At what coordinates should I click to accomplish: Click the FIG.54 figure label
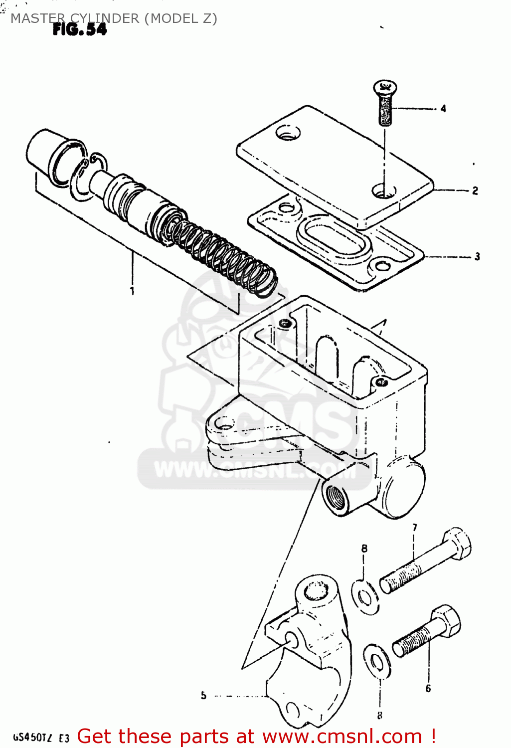80,30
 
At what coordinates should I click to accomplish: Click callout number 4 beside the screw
443,108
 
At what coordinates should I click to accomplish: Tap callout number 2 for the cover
475,190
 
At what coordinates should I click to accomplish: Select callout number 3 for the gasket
477,256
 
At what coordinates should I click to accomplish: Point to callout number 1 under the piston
132,290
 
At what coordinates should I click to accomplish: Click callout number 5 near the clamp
203,695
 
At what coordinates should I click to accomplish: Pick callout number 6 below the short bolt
428,688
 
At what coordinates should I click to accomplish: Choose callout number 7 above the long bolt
415,528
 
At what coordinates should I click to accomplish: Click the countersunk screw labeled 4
385,102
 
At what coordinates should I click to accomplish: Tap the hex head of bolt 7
457,545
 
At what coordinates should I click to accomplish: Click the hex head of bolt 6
446,622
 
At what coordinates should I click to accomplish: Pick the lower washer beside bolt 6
377,662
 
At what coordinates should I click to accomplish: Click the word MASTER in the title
37,18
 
